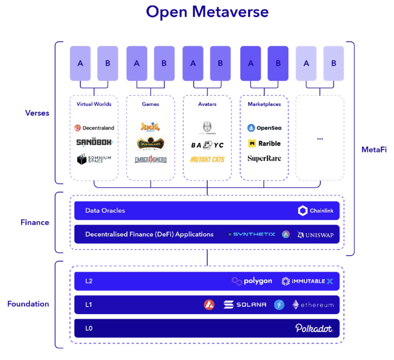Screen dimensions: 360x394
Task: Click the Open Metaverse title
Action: (207, 12)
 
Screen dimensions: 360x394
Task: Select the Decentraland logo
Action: (94, 128)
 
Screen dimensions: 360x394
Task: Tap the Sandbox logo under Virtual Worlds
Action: (94, 142)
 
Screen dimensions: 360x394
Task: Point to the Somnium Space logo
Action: (94, 159)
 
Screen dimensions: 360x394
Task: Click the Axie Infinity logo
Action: (150, 126)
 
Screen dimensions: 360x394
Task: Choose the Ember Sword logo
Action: (150, 160)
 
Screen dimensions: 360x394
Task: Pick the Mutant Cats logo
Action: (207, 159)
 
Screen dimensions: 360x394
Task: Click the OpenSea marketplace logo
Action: (264, 128)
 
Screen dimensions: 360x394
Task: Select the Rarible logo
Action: (264, 143)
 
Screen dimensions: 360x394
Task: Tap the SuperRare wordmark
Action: (264, 158)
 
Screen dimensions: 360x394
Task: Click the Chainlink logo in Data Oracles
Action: (316, 211)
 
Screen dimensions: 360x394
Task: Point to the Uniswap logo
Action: (315, 234)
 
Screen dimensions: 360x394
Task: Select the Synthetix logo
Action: (252, 234)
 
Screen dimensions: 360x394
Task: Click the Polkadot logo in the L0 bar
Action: (314, 328)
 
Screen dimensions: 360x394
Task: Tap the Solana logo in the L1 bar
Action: (245, 305)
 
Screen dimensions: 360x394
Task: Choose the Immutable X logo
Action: (307, 281)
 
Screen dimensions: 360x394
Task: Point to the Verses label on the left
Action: (37, 113)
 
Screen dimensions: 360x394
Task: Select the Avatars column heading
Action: (207, 104)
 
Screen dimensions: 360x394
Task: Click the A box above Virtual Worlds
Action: (80, 63)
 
